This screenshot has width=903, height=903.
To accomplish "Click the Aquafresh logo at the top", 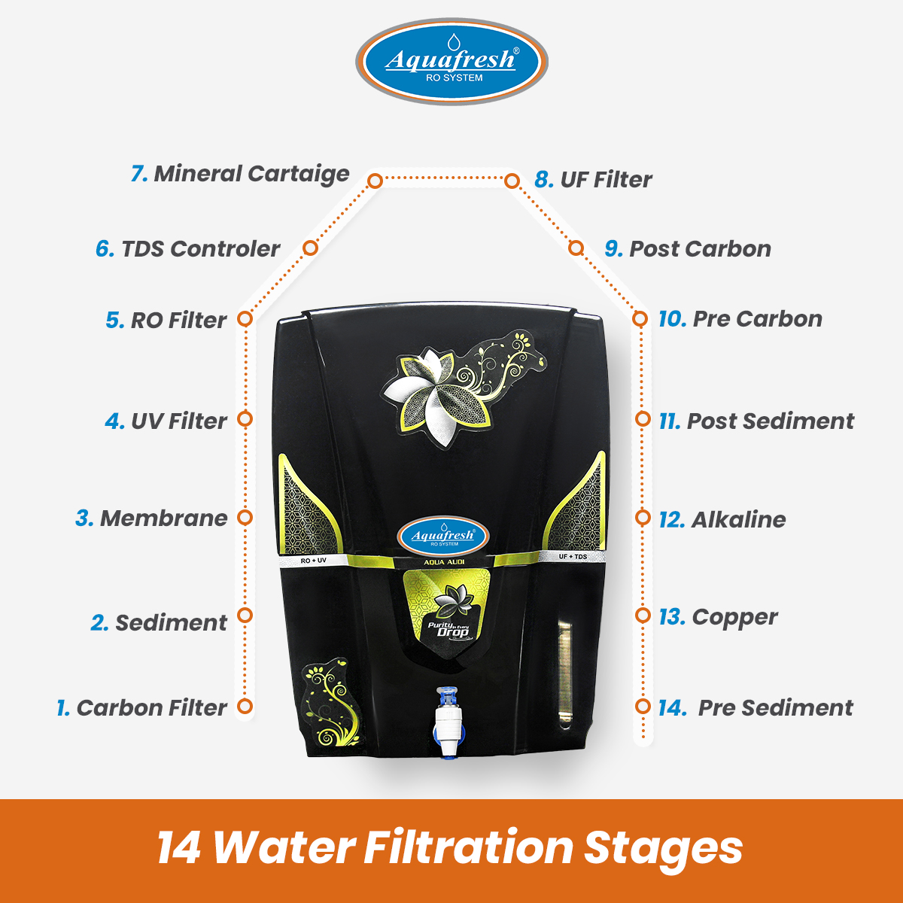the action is pos(451,62).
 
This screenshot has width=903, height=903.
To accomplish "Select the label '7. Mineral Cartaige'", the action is pos(240,175).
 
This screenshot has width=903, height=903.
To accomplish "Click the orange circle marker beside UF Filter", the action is pos(512,181).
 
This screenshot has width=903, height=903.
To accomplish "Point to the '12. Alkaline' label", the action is pos(722,520).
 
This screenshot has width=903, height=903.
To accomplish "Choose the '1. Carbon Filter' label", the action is pos(141,707).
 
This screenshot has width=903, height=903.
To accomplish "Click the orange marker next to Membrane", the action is pos(245,518).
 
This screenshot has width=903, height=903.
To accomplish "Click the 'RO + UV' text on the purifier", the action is pos(314,561).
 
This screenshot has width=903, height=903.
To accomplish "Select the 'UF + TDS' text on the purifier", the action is pos(573,556).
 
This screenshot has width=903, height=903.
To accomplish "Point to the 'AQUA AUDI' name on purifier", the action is pos(444,562).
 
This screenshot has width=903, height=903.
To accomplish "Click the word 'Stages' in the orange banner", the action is pos(663,849).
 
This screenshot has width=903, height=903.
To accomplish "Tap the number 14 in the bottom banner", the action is pos(179,848).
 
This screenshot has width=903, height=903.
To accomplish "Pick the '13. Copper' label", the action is pos(718,618).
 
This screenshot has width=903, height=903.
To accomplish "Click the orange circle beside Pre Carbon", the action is pos(640,318).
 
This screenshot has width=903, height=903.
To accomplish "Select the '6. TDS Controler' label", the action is pos(188,249).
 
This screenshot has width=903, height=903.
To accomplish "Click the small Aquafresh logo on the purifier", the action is pos(443,536).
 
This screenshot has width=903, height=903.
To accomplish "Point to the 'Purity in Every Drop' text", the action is pos(448,630).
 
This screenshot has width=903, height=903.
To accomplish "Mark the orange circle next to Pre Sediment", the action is pos(643,706).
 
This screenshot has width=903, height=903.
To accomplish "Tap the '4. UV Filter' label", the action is pos(166,421).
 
